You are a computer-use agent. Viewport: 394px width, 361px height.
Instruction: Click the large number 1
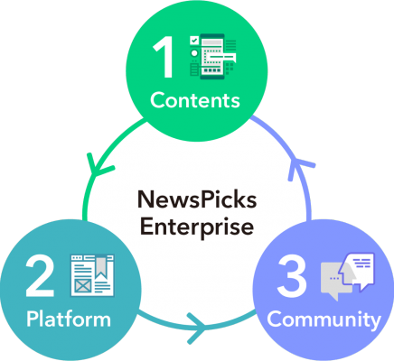[x=164, y=57]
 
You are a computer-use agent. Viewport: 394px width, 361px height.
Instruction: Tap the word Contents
[x=195, y=100]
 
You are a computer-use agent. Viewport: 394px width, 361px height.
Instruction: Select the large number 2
[x=40, y=276]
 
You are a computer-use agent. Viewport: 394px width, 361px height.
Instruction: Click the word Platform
[x=69, y=319]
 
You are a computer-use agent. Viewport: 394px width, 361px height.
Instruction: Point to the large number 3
[x=292, y=276]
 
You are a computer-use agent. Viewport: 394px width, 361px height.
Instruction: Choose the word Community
[x=324, y=319]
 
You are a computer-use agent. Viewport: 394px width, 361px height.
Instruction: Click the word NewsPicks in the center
[x=197, y=199]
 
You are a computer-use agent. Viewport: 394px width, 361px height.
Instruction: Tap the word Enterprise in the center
[x=197, y=227]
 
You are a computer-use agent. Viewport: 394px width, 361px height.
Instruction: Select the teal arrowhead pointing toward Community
[x=197, y=328]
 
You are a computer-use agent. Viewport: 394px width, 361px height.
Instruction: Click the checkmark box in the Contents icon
[x=194, y=41]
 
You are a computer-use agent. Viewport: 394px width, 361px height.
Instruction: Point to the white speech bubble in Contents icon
[x=223, y=57]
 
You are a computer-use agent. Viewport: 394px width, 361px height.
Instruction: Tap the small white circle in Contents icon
[x=194, y=53]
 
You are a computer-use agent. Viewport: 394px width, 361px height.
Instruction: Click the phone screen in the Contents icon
[x=212, y=56]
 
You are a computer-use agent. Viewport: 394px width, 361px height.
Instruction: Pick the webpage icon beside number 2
[x=92, y=275]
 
